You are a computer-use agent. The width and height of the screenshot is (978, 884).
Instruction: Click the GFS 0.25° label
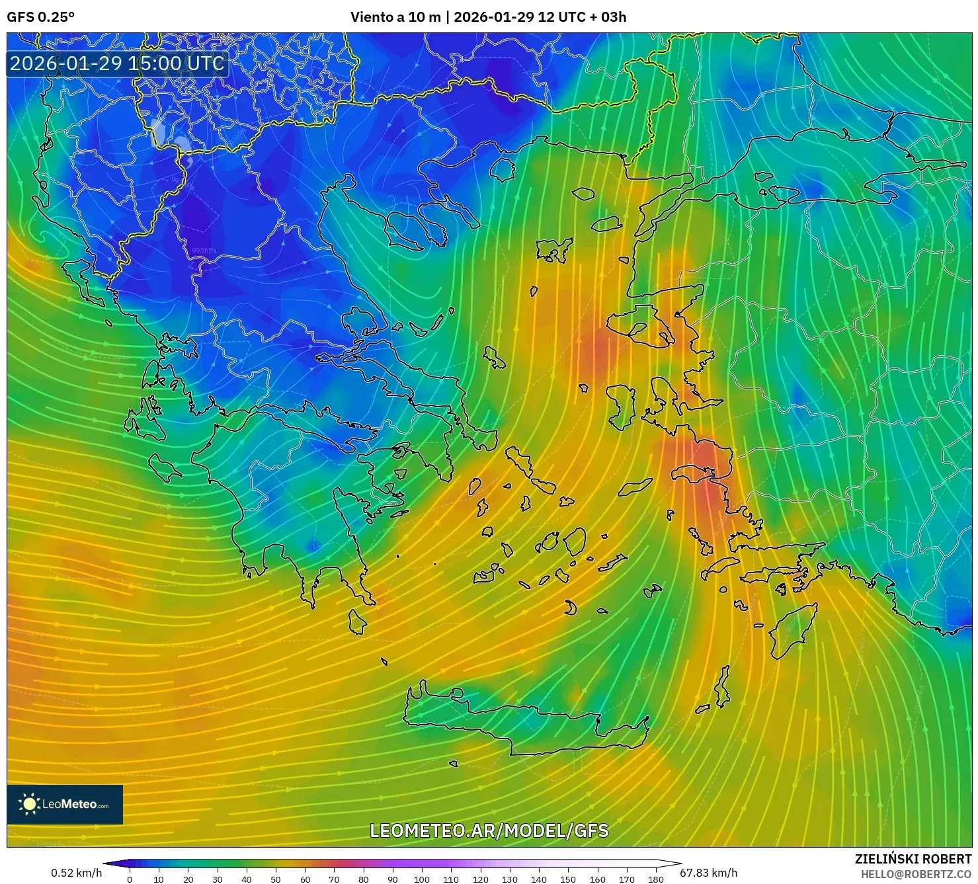pos(40,17)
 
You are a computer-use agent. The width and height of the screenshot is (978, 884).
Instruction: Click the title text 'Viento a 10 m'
pos(395,17)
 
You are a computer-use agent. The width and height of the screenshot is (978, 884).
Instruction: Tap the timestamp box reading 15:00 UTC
pos(117,63)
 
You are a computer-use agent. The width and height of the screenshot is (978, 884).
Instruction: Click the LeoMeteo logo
pos(65,804)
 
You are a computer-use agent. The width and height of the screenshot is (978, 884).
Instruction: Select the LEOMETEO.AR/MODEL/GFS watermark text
pos(489,830)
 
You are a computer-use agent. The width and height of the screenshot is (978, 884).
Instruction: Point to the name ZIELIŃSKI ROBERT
pos(913,859)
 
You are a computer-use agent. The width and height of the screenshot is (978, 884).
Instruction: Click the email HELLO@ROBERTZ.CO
pos(916,874)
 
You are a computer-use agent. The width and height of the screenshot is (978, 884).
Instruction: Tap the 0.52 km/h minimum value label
pos(76,873)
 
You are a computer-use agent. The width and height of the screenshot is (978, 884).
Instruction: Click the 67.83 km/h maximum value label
pos(708,873)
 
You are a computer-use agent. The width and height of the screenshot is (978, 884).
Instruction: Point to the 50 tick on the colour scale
pos(276,879)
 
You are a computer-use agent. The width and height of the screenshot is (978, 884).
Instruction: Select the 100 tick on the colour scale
pos(422,879)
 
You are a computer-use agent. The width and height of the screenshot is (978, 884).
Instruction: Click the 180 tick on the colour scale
pos(655,879)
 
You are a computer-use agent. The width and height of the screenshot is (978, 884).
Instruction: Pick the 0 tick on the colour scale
pos(130,879)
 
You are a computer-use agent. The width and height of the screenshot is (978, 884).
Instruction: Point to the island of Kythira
pos(357,622)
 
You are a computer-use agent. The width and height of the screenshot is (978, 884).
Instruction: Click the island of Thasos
pos(502,169)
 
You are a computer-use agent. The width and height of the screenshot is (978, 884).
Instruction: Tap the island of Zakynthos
pos(165,467)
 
